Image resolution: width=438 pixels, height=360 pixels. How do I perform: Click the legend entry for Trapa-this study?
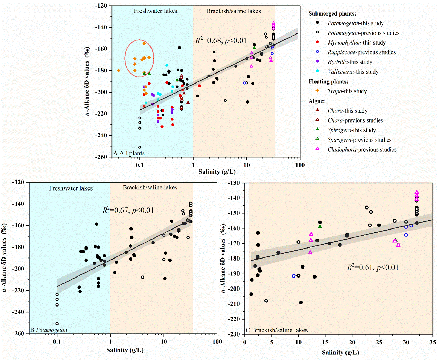click(x=347, y=91)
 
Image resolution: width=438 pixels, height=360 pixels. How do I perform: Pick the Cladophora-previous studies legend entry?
click(x=362, y=149)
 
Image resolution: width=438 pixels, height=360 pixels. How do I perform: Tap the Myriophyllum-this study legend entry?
click(x=356, y=43)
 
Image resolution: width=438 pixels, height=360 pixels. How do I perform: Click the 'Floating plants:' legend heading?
click(x=328, y=81)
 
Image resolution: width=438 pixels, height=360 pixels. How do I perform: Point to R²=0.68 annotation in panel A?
click(x=221, y=41)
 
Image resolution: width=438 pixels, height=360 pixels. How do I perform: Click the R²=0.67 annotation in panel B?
click(x=128, y=210)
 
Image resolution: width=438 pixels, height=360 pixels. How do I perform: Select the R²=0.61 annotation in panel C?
click(x=372, y=267)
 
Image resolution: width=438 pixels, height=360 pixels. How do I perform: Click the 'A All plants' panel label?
click(x=129, y=153)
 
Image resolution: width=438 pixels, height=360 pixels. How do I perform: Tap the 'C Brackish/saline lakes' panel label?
click(x=276, y=330)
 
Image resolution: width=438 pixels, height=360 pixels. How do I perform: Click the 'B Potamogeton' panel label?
click(x=49, y=330)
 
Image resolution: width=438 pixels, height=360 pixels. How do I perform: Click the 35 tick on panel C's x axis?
click(x=432, y=342)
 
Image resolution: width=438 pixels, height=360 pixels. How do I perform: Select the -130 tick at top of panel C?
click(x=234, y=183)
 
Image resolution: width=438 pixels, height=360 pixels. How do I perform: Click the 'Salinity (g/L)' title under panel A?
click(x=217, y=172)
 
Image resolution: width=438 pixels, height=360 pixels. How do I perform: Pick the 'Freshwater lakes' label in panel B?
click(x=71, y=188)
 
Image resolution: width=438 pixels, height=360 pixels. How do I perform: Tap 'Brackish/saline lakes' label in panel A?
click(x=234, y=11)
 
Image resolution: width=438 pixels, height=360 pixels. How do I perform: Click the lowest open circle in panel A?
click(x=140, y=147)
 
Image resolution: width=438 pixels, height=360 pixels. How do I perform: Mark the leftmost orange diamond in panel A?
click(x=119, y=71)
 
